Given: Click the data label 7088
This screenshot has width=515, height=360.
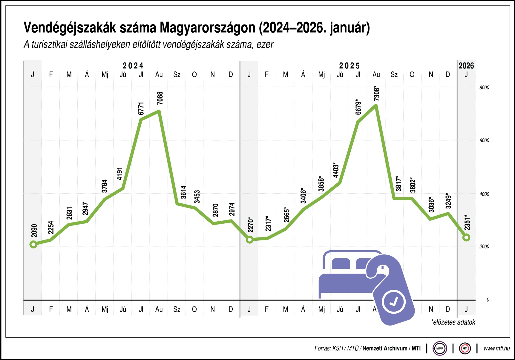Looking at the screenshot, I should pos(160,98).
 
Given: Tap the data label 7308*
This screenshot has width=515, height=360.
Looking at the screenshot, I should pos(377,93).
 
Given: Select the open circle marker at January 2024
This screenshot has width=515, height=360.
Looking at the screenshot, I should pos(33,244).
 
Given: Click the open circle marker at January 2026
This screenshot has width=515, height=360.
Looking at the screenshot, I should pos(466,237).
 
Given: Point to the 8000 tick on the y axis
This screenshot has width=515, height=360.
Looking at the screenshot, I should pos(484,88).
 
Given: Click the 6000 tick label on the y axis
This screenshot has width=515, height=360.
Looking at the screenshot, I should pos(484,141).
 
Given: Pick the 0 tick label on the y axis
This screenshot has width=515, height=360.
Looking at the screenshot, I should pos(488,300).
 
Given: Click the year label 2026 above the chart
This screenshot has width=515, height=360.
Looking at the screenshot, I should pos(466,66).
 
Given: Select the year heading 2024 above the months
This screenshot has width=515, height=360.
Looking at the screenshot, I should pos(133,66).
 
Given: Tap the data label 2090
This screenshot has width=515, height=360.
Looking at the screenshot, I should pos(34,231).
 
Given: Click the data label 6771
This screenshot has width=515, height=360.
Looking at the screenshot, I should pos(141,109).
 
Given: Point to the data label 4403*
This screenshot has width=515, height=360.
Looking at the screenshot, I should pos(336,170).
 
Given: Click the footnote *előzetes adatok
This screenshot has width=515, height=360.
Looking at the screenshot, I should pos(453,322).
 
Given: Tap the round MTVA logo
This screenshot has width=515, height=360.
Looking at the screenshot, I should pos(440,348).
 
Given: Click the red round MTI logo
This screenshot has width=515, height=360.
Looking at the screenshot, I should pos(465,348).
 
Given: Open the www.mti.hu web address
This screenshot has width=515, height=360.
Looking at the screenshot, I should pos(496,348).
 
